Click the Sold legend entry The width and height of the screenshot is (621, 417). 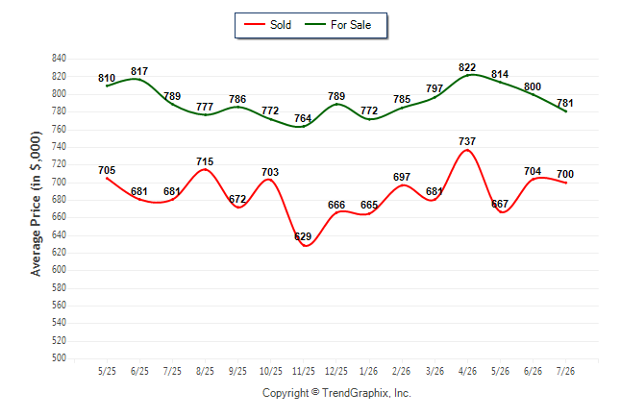(x=268, y=25)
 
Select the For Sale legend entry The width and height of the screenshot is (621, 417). (x=337, y=25)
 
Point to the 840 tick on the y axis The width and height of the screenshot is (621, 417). (x=59, y=59)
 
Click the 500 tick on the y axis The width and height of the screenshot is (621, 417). (x=59, y=358)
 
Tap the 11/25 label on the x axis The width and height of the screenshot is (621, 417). (x=304, y=371)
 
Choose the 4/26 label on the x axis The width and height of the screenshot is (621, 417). (x=467, y=371)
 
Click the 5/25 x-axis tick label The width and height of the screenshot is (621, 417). (x=107, y=371)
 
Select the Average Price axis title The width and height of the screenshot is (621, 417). (x=36, y=204)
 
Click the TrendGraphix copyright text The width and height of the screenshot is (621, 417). (x=336, y=393)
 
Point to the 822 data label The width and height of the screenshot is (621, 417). (x=467, y=67)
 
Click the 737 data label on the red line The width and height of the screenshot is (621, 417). (x=467, y=141)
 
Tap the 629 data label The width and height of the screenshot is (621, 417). (x=303, y=236)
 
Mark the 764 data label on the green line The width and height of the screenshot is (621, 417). (x=303, y=118)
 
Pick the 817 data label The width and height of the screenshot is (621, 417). (x=139, y=71)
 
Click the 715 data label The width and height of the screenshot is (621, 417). (x=205, y=161)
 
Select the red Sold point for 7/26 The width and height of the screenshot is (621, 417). (x=565, y=183)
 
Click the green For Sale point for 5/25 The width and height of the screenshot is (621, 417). (x=107, y=86)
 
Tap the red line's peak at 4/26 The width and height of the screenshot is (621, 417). (x=467, y=150)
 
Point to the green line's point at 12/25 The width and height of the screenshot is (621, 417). (x=336, y=104)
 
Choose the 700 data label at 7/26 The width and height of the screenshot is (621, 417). (x=565, y=174)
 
